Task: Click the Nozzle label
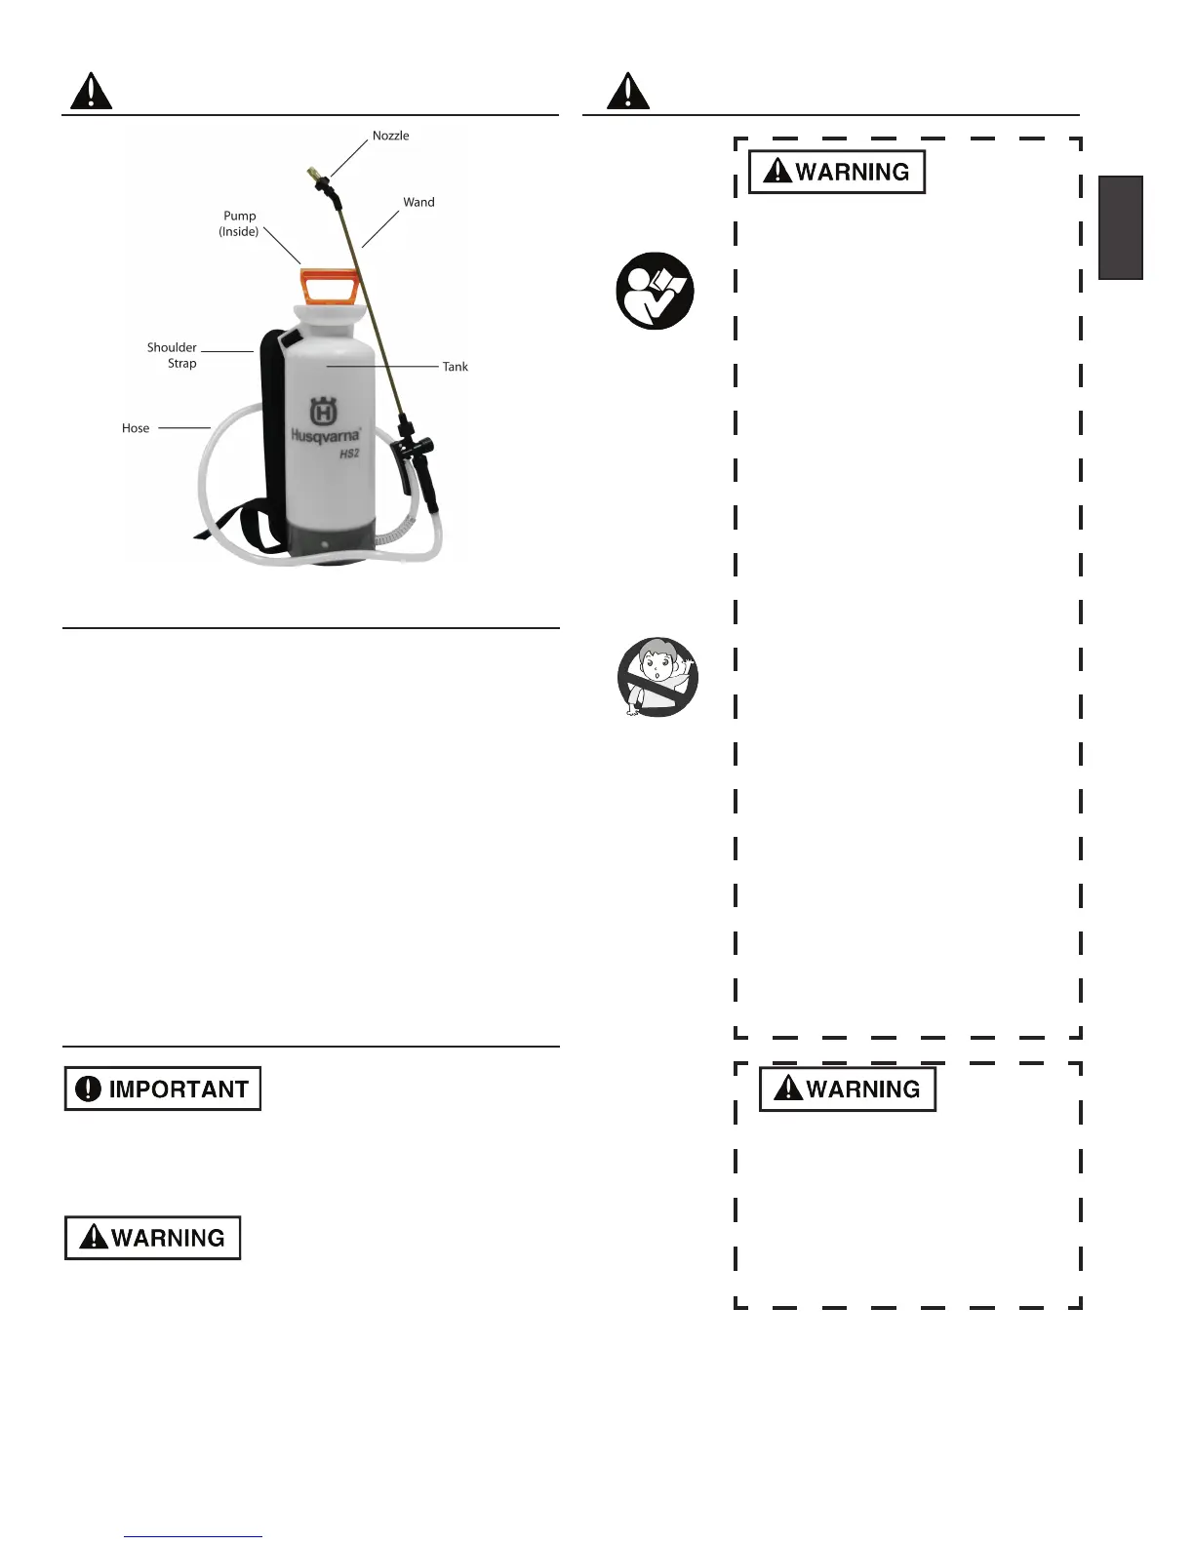tap(390, 136)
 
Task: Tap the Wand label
tap(418, 202)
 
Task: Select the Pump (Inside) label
tap(239, 223)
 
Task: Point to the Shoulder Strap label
tap(173, 355)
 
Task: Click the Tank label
tap(455, 367)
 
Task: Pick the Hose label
tap(136, 428)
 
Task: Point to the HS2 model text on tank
tap(349, 454)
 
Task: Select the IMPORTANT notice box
tap(163, 1089)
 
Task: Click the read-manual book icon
tap(655, 291)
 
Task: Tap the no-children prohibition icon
tap(658, 677)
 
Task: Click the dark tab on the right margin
tap(1121, 227)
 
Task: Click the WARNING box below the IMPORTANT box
tap(153, 1238)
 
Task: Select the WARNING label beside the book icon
tap(837, 172)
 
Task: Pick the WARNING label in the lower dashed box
tap(848, 1089)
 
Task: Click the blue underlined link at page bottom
tap(193, 1536)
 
